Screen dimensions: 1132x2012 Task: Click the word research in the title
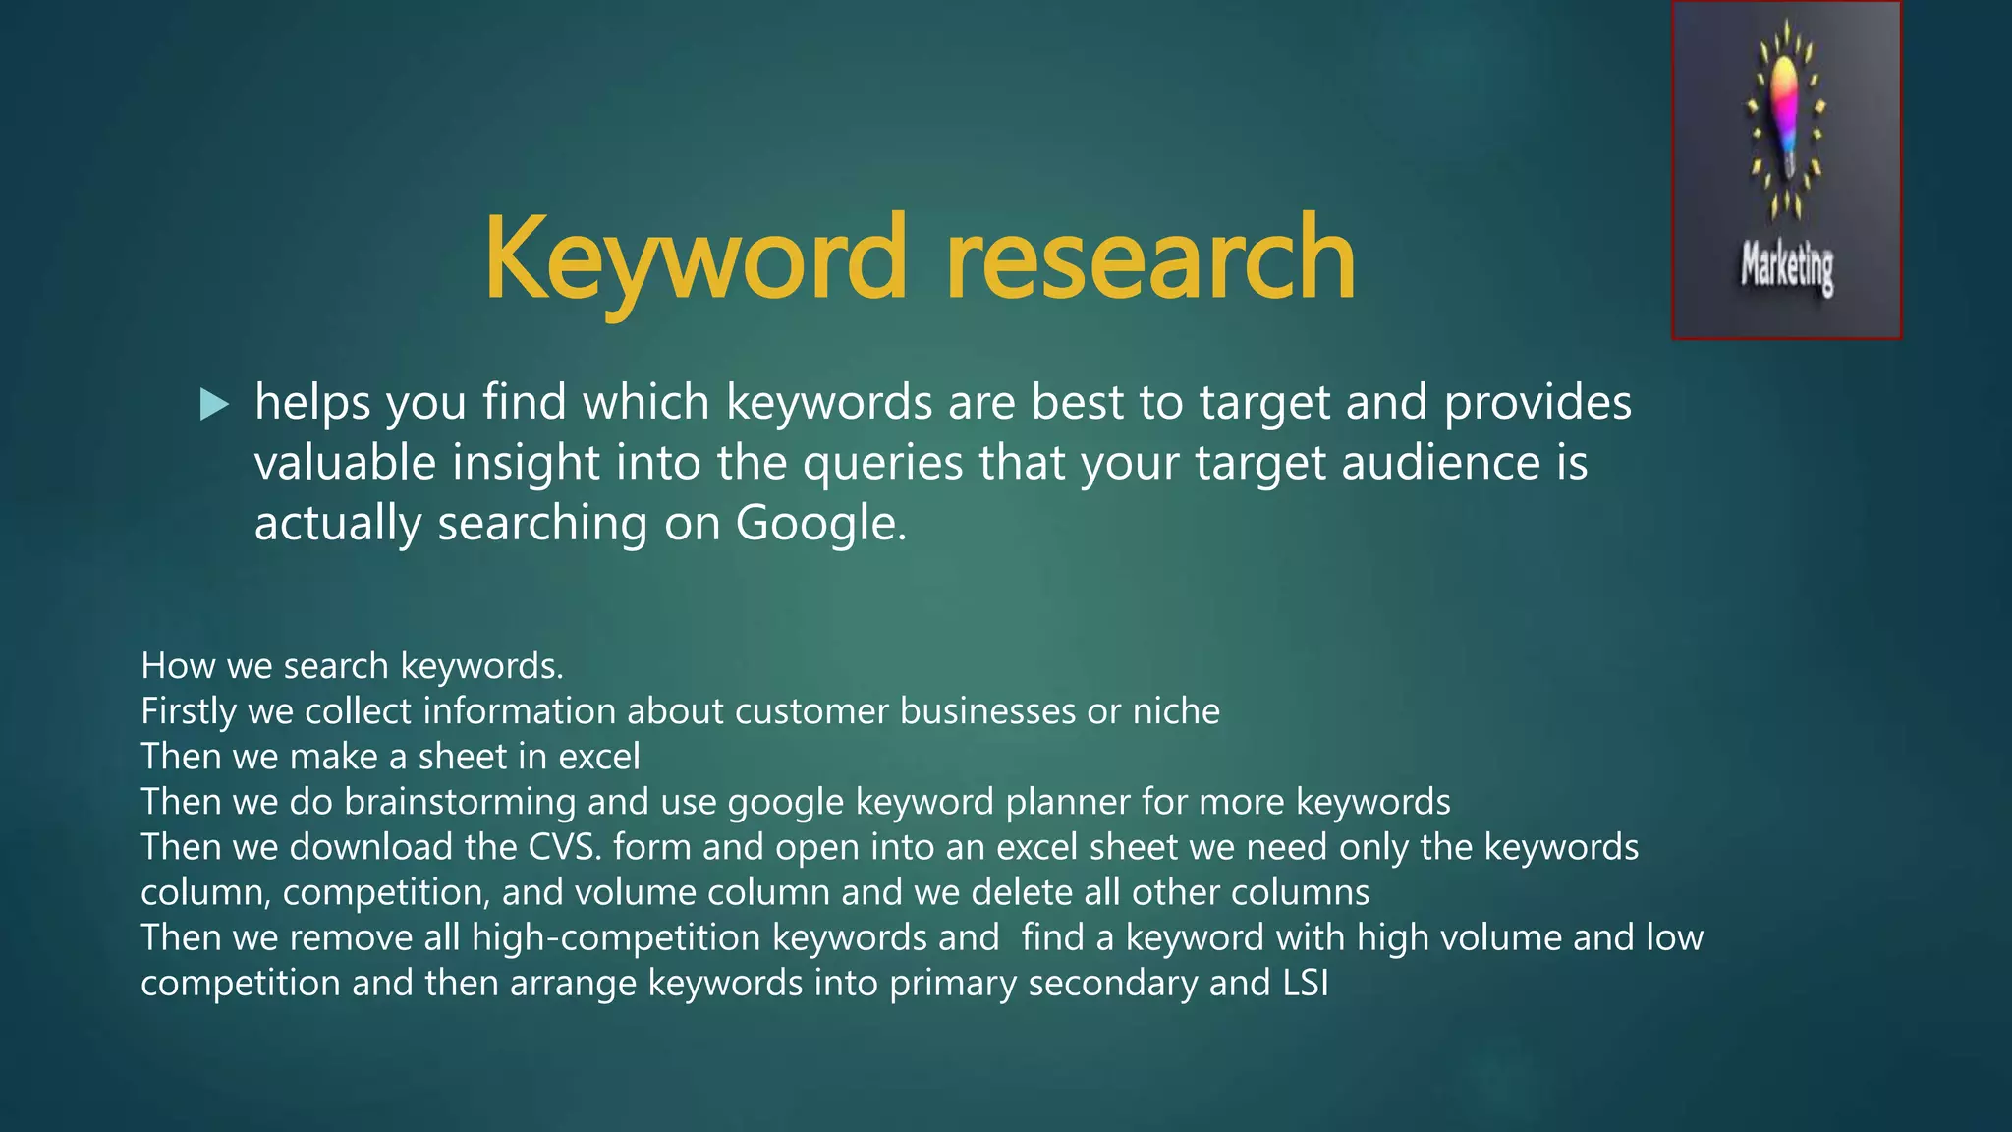(x=1150, y=257)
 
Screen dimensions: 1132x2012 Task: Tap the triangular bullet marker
(x=213, y=404)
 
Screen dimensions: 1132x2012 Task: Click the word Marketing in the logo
(x=1787, y=267)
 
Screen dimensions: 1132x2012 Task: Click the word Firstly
(x=189, y=711)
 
